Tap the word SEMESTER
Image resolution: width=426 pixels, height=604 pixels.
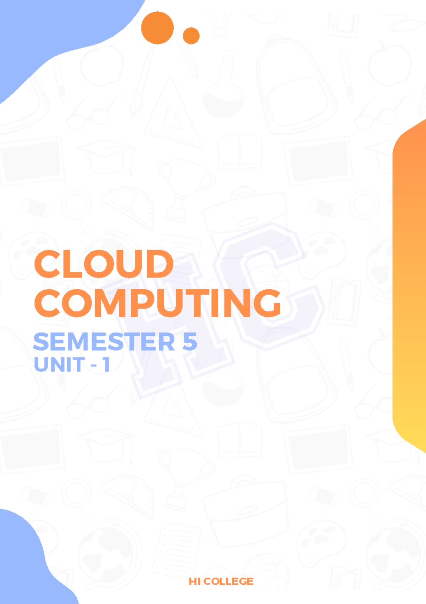(104, 342)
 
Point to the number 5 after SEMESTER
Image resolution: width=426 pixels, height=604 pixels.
(190, 342)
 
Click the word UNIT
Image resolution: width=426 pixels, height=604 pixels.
(59, 365)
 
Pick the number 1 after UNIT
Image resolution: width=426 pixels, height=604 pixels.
(106, 365)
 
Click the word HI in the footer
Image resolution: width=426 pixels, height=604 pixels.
(194, 581)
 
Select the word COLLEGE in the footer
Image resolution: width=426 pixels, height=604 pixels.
(228, 581)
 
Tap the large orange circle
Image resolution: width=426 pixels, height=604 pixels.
(157, 28)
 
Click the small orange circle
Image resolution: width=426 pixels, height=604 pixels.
(191, 36)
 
